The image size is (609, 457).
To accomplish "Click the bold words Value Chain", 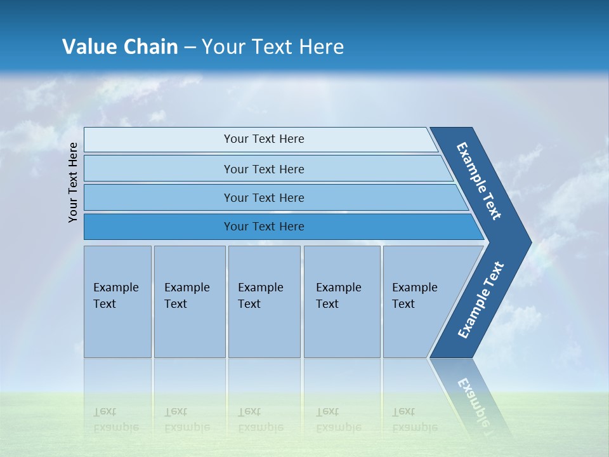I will pos(120,47).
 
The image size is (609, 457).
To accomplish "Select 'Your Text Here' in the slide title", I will pos(273,47).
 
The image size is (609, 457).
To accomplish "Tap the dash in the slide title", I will pos(190,48).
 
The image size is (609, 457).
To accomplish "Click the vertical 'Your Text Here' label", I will pos(74,182).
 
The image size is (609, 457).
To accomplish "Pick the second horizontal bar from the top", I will pos(264,169).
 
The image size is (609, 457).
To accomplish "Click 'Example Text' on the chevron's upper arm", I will pos(480,181).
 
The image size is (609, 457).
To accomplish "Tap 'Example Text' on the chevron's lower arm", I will pos(481,300).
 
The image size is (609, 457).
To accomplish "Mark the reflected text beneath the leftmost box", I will pos(115,420).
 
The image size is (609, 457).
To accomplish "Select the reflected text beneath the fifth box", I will pos(415,420).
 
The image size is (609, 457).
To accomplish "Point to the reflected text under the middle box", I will pos(260,420).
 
